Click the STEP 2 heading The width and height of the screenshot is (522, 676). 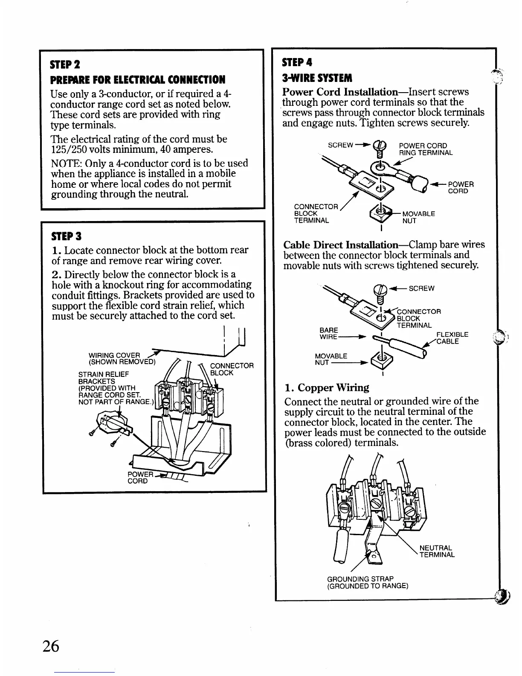(65, 65)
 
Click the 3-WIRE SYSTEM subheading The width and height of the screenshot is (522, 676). (317, 78)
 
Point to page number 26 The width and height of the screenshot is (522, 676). (50, 646)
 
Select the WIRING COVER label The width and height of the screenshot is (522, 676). (114, 355)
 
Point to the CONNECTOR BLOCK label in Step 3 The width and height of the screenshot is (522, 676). (232, 369)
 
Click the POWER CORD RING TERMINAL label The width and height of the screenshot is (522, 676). (425, 149)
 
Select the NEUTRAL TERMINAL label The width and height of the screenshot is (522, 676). (437, 551)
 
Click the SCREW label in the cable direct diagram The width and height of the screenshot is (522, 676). (421, 288)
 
